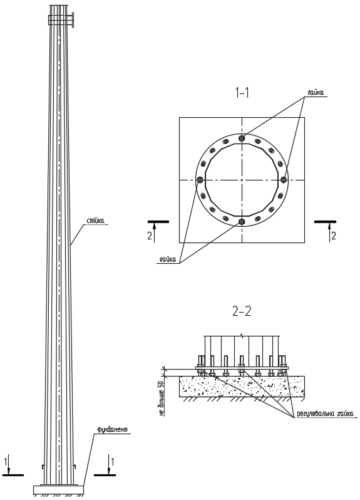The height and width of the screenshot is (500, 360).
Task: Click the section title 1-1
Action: (x=242, y=93)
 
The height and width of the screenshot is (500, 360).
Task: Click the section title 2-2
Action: (x=242, y=311)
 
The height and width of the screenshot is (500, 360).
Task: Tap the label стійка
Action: (x=96, y=221)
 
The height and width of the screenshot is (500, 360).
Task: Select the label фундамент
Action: (x=113, y=430)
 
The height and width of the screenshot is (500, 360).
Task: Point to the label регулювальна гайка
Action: (x=325, y=414)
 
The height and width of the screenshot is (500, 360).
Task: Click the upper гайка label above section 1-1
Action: (x=316, y=93)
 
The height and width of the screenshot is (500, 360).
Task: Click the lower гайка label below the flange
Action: (x=168, y=259)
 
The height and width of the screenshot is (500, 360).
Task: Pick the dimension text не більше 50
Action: (x=162, y=398)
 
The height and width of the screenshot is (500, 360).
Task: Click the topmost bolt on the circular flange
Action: (x=242, y=138)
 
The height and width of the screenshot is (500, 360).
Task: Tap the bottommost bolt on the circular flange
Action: (x=242, y=222)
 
